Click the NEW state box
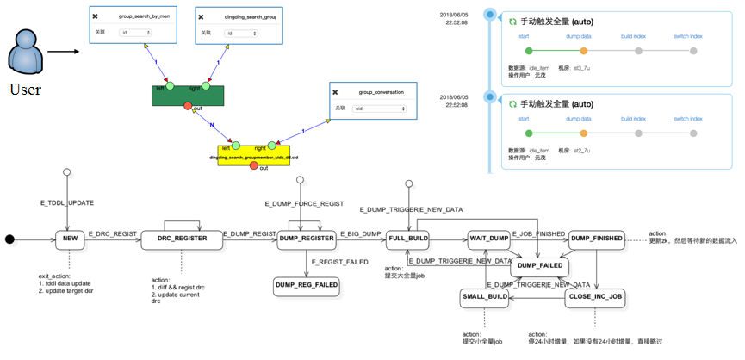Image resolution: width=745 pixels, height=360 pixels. [71, 239]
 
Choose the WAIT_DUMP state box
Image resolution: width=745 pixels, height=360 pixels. [489, 239]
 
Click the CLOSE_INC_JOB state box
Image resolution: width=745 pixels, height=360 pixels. [594, 297]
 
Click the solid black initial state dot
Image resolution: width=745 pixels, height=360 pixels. [10, 239]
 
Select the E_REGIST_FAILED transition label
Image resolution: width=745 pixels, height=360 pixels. [339, 261]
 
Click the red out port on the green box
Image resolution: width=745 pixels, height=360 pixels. [187, 106]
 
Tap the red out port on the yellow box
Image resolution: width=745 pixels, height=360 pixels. [253, 165]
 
